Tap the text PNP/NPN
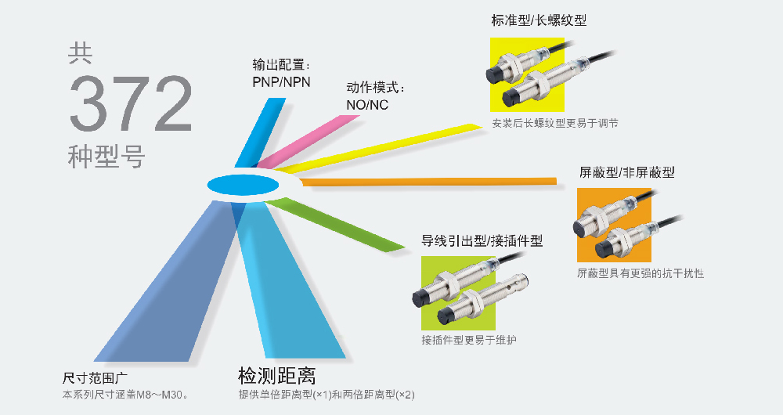pos(281,81)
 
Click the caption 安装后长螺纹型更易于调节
pos(549,124)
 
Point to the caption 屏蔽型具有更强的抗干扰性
pos(640,274)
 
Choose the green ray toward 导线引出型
pos(337,224)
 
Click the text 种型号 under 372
pos(107,157)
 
